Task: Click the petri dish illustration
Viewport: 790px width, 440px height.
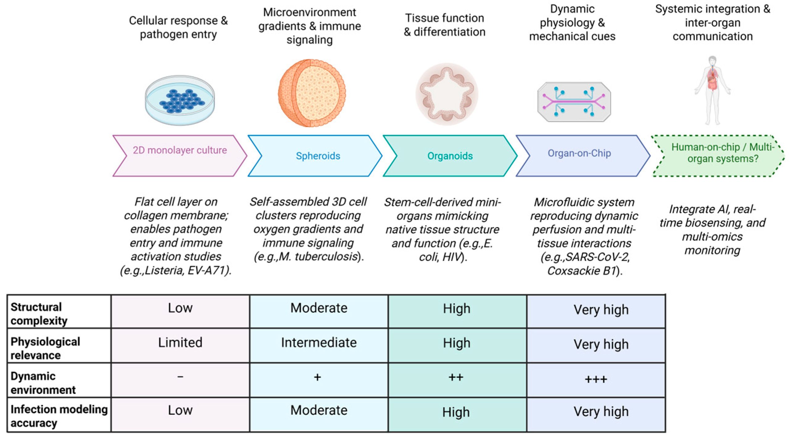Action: (x=180, y=100)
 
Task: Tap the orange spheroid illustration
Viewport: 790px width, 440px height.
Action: (x=311, y=93)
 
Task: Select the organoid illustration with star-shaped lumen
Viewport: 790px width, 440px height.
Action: (x=447, y=94)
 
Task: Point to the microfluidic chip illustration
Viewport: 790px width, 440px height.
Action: (x=574, y=102)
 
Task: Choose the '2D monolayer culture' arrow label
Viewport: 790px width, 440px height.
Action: (x=180, y=150)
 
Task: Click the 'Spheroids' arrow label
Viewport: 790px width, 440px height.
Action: (x=318, y=156)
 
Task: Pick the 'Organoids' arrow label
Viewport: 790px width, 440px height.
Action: (x=450, y=156)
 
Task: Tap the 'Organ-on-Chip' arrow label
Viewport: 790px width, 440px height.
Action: (x=579, y=153)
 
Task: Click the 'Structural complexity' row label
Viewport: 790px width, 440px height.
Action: (x=39, y=314)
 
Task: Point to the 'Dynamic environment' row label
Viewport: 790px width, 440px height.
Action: (x=43, y=383)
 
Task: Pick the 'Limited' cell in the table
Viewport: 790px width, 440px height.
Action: (x=180, y=343)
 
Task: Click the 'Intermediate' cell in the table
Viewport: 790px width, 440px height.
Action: (x=319, y=343)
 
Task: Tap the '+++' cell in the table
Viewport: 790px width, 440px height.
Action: (x=596, y=379)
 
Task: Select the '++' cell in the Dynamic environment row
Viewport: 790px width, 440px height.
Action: (x=456, y=377)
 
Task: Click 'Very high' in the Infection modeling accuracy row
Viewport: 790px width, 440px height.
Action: (x=601, y=412)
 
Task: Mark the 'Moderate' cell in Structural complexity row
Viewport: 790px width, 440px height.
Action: (x=319, y=308)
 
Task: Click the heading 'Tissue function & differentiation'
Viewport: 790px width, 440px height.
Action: (x=444, y=25)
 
